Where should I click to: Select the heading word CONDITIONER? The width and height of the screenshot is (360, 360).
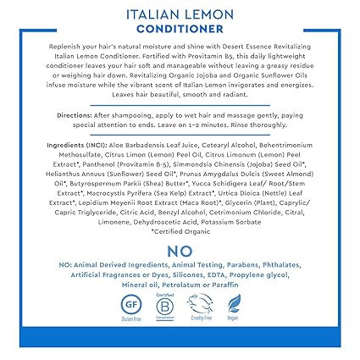point(180,30)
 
